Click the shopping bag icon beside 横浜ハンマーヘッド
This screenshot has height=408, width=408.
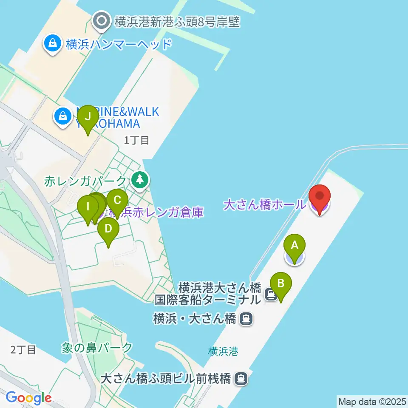tap(52, 44)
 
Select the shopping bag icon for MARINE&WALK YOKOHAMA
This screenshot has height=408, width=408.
tap(63, 116)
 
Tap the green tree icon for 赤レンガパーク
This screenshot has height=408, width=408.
tap(139, 180)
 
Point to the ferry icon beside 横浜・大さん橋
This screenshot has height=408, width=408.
tap(245, 319)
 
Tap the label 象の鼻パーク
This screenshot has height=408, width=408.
tap(97, 348)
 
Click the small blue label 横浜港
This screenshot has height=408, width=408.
tap(223, 351)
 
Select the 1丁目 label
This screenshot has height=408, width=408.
tap(136, 140)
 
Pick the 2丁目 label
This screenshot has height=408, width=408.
tap(23, 350)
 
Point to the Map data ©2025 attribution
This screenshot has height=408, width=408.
tap(372, 401)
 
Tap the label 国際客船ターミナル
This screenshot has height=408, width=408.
tap(207, 300)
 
